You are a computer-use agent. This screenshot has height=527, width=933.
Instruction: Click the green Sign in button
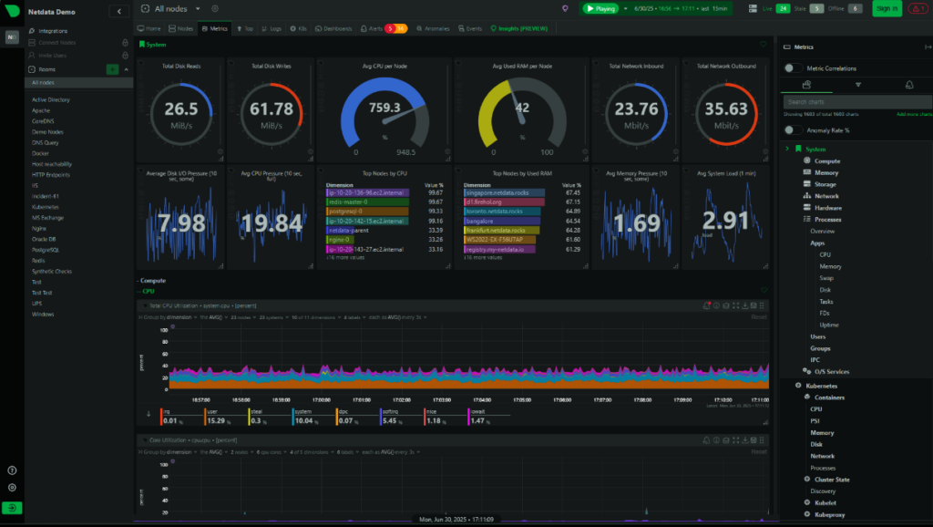pyautogui.click(x=886, y=8)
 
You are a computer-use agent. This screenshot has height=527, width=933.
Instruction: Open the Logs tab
pyautogui.click(x=272, y=29)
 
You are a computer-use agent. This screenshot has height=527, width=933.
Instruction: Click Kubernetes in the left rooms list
pyautogui.click(x=46, y=207)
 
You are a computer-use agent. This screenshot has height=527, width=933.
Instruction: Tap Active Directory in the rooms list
pyautogui.click(x=51, y=99)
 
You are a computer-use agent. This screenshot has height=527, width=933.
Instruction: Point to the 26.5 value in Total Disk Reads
pyautogui.click(x=180, y=109)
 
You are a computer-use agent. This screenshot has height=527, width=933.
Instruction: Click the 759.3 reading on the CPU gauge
pyautogui.click(x=384, y=108)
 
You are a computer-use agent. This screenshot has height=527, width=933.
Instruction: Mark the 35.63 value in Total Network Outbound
pyautogui.click(x=720, y=109)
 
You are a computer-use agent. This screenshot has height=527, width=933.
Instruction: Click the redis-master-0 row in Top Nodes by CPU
pyautogui.click(x=350, y=202)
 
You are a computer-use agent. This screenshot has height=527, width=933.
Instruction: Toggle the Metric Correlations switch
pyautogui.click(x=794, y=67)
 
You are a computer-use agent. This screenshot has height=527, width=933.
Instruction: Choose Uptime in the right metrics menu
pyautogui.click(x=829, y=325)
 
